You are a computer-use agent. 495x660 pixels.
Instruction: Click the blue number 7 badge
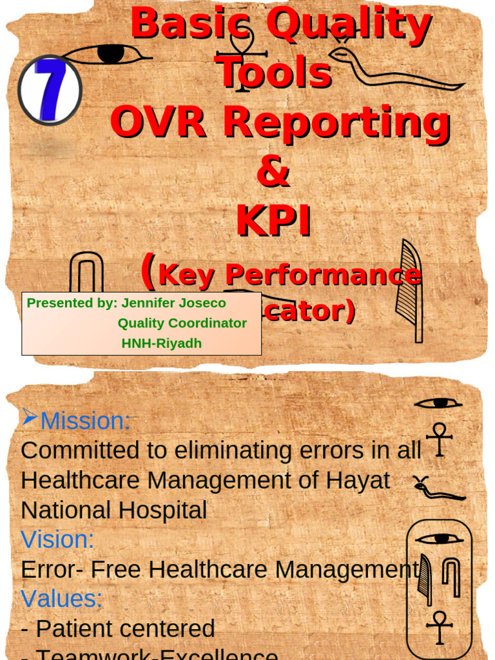(50, 90)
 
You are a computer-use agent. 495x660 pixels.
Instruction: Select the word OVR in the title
(158, 122)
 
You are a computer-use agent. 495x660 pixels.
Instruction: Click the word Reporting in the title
(336, 123)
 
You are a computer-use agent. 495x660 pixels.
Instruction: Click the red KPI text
(273, 221)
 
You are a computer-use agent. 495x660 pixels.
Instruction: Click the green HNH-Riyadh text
(162, 344)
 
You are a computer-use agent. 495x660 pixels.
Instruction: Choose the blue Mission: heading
(85, 422)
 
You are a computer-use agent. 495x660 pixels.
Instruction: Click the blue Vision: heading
(57, 539)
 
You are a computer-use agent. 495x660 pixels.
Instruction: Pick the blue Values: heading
(62, 599)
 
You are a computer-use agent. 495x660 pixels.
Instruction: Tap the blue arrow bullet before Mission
(30, 418)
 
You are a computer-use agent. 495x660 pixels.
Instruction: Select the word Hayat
(358, 480)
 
